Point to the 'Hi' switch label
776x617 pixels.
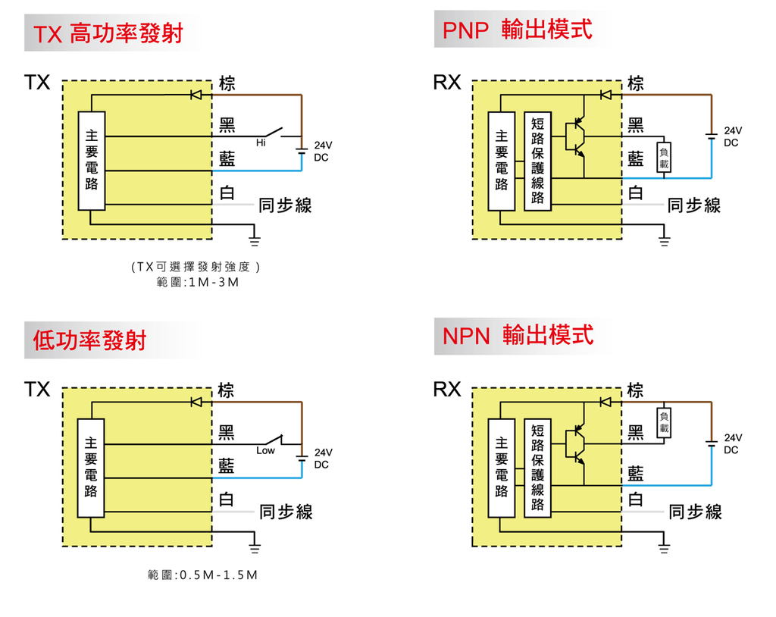coord(261,143)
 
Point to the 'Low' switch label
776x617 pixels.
coord(265,451)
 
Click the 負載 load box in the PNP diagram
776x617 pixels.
coord(664,158)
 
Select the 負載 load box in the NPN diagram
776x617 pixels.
coord(665,422)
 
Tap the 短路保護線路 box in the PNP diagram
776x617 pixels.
coord(538,161)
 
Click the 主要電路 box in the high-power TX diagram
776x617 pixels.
coord(91,161)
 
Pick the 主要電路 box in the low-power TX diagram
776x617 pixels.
coord(91,468)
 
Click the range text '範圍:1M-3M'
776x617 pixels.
coord(196,283)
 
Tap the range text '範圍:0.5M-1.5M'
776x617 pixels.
coord(202,575)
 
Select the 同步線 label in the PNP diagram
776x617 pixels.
coord(694,205)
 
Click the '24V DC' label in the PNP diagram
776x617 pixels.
coord(731,137)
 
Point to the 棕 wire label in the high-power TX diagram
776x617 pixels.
coord(227,83)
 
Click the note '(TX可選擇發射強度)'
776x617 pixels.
coord(196,267)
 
